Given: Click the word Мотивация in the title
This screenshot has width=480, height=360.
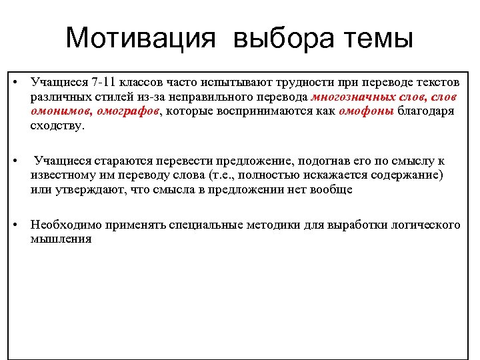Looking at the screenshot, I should [141, 38].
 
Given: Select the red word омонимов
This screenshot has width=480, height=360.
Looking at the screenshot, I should [57, 111].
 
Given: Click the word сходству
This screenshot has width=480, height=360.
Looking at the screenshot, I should [57, 126].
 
